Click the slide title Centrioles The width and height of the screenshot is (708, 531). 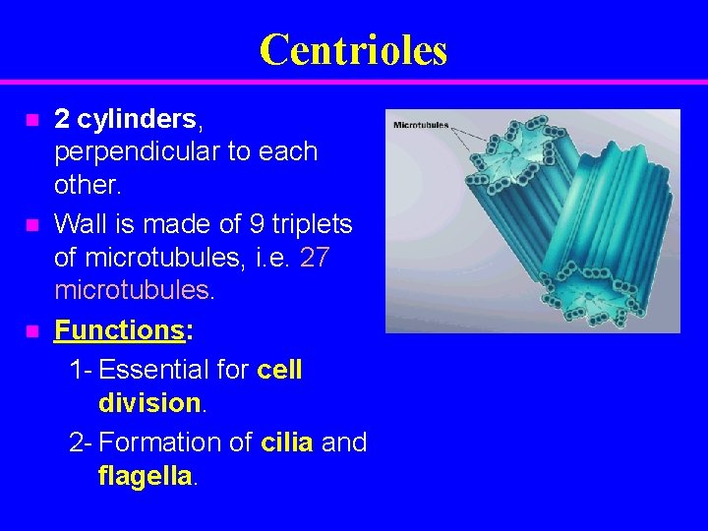point(353,49)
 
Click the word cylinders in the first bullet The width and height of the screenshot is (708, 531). point(137,120)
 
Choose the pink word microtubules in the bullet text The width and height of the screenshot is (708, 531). point(130,290)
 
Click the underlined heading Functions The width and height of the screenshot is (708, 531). point(119,330)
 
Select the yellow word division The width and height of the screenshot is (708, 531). point(148,403)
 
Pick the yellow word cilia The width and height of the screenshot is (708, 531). point(287,442)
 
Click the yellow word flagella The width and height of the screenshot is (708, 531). point(147,476)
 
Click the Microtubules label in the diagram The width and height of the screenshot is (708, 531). point(421,125)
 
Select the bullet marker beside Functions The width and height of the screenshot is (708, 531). point(32,331)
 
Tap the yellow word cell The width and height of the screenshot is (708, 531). point(280,371)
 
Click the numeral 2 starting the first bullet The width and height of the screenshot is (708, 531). point(62,120)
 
